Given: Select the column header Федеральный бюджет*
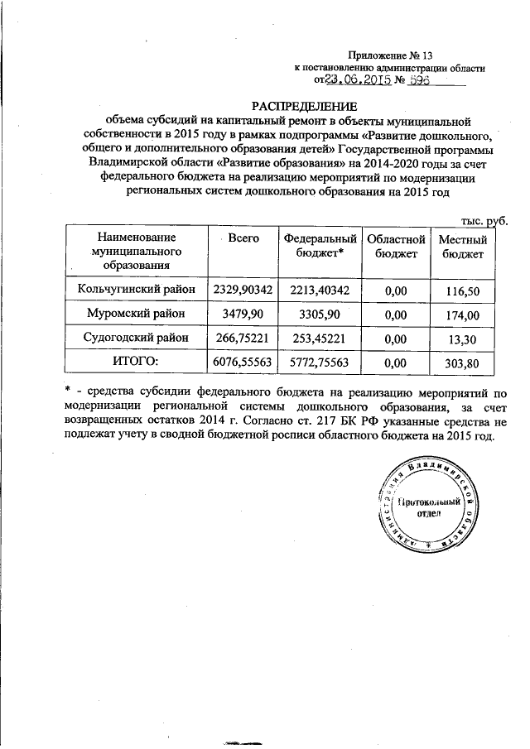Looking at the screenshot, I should click(313, 245).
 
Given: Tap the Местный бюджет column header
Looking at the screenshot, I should click(462, 245).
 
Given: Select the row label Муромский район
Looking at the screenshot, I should click(137, 314).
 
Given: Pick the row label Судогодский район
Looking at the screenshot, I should click(137, 338).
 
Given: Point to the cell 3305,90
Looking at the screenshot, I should click(313, 314).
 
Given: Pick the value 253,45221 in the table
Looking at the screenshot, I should click(313, 338).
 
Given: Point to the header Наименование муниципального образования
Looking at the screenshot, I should click(137, 251).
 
